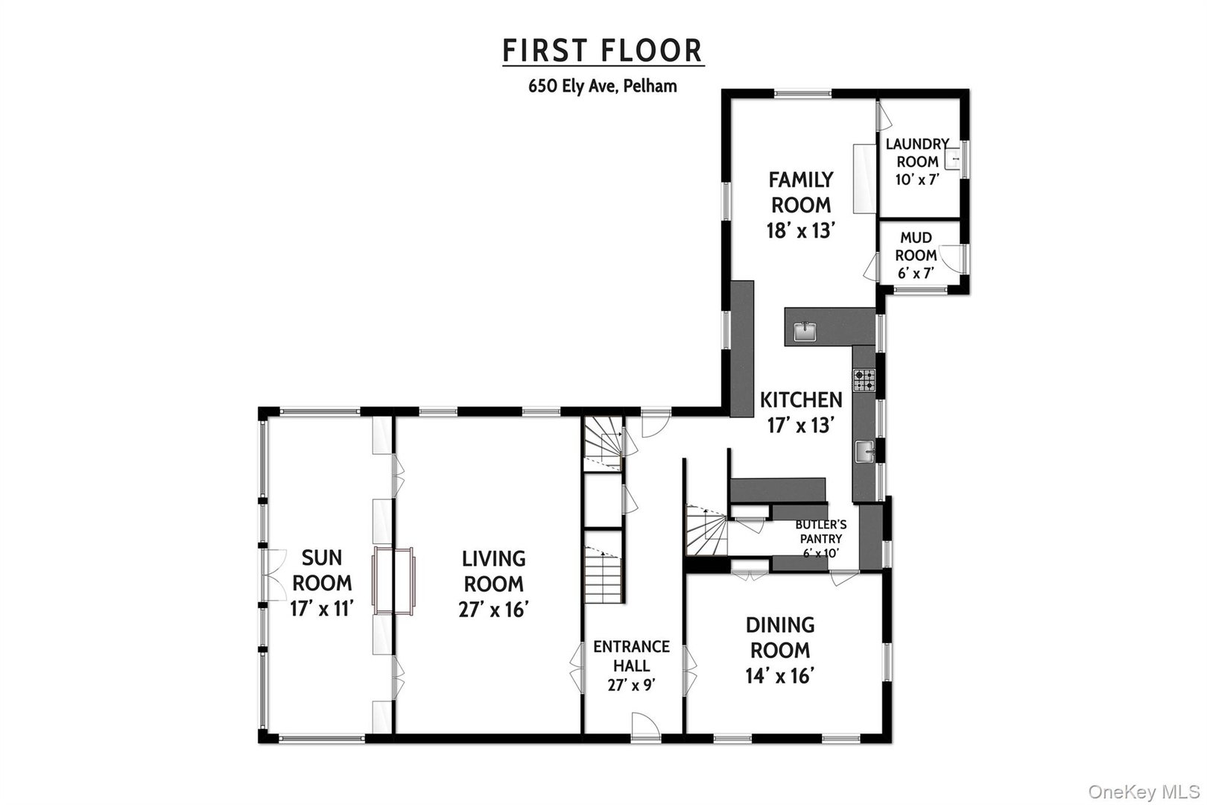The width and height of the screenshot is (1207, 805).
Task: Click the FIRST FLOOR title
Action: coord(602,51)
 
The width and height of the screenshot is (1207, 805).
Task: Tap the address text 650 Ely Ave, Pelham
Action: coord(602,86)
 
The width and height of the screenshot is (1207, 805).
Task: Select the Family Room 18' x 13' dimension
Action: coord(800,231)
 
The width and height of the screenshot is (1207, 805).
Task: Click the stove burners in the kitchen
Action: coord(864,381)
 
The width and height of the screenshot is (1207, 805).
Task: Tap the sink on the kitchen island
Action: coord(805,332)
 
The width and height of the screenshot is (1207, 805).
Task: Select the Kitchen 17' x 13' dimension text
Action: coord(800,425)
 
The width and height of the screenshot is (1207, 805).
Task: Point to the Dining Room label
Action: coord(780,637)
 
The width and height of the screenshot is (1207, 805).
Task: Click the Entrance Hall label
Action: coord(631,656)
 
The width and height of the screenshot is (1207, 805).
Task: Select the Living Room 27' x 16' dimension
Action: coord(493,609)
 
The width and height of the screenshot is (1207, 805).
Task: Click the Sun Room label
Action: coord(322,569)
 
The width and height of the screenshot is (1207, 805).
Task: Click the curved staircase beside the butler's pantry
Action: coord(706,531)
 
